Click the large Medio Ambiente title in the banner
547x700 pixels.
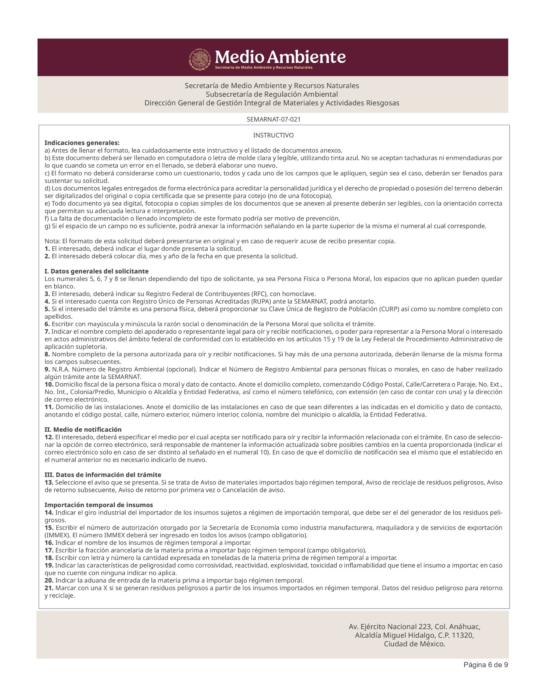(x=280, y=57)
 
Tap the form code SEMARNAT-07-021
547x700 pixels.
(x=273, y=119)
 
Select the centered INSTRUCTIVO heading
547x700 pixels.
(x=273, y=135)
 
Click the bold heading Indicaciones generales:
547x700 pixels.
(x=82, y=143)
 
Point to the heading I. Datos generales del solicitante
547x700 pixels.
(x=97, y=271)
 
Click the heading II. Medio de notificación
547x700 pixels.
(x=83, y=429)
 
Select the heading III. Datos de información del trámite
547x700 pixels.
(x=103, y=475)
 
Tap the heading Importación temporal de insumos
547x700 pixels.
(x=99, y=505)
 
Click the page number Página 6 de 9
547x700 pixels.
(x=485, y=665)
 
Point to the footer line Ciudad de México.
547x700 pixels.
(x=415, y=644)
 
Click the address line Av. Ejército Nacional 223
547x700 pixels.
(x=414, y=626)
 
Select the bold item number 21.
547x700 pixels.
(x=49, y=588)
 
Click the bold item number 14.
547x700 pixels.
(x=49, y=512)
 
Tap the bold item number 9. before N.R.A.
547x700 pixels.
(x=47, y=369)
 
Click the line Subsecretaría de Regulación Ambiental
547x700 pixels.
(x=272, y=94)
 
